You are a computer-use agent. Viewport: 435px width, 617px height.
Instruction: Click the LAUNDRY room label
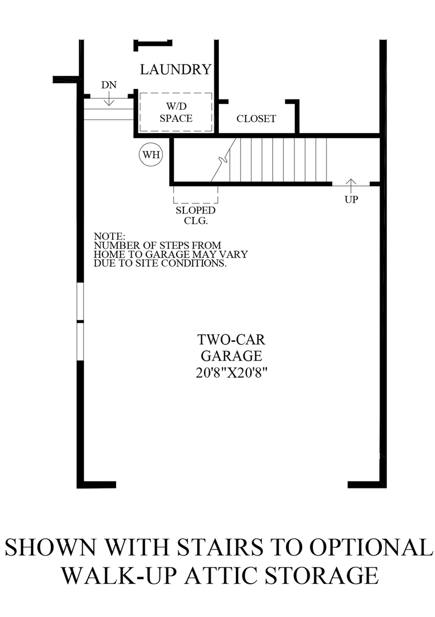pos(175,70)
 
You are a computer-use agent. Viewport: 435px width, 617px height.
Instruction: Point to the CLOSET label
pos(256,119)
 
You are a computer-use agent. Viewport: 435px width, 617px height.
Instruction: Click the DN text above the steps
pos(109,85)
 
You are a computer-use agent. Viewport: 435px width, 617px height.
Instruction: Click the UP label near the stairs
pos(351,201)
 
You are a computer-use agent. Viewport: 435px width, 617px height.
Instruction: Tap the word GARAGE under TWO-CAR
pos(231,355)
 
